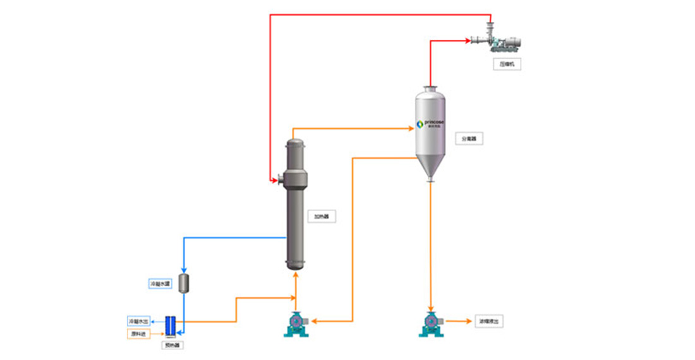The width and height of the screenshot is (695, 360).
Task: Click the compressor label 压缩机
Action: (507, 64)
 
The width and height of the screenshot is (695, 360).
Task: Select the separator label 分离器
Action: (469, 138)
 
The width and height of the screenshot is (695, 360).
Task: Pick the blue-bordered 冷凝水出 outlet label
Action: (139, 321)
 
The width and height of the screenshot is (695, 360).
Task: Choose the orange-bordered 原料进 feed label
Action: (139, 333)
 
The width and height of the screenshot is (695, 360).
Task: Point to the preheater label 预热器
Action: (171, 345)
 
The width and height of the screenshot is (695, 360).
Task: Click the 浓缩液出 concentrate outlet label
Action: (490, 321)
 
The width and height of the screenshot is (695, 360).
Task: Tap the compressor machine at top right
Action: (502, 41)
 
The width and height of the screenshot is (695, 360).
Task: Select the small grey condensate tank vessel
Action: (184, 283)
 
